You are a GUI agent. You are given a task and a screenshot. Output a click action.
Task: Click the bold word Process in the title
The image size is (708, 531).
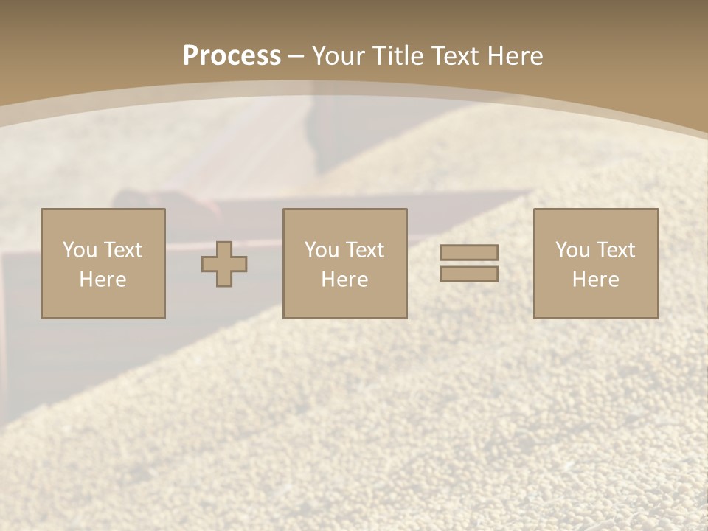coord(232,56)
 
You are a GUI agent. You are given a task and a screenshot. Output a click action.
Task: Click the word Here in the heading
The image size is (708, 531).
coord(514,56)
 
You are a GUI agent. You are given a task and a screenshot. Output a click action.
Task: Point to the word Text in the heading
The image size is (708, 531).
coord(455,56)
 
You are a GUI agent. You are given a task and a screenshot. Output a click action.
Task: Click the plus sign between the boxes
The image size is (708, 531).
coord(224,263)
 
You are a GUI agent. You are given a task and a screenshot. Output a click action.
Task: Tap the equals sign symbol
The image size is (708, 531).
coord(469,263)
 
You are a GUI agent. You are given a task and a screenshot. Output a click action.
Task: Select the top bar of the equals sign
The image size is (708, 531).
coord(469,253)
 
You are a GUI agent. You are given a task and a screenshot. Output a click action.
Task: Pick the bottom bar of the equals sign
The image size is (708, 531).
coord(469,274)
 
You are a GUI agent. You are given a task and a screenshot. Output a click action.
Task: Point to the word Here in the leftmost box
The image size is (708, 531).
coord(103,280)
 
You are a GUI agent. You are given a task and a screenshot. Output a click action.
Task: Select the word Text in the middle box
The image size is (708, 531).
coord(365,250)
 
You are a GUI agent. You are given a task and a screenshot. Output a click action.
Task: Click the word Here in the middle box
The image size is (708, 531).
coord(344,280)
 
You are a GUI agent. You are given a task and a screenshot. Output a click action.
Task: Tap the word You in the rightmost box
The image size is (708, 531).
coord(572,250)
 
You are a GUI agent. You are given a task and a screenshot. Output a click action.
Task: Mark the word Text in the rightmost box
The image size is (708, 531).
coord(616,250)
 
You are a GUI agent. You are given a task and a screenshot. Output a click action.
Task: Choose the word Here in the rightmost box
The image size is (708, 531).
coord(595,280)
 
